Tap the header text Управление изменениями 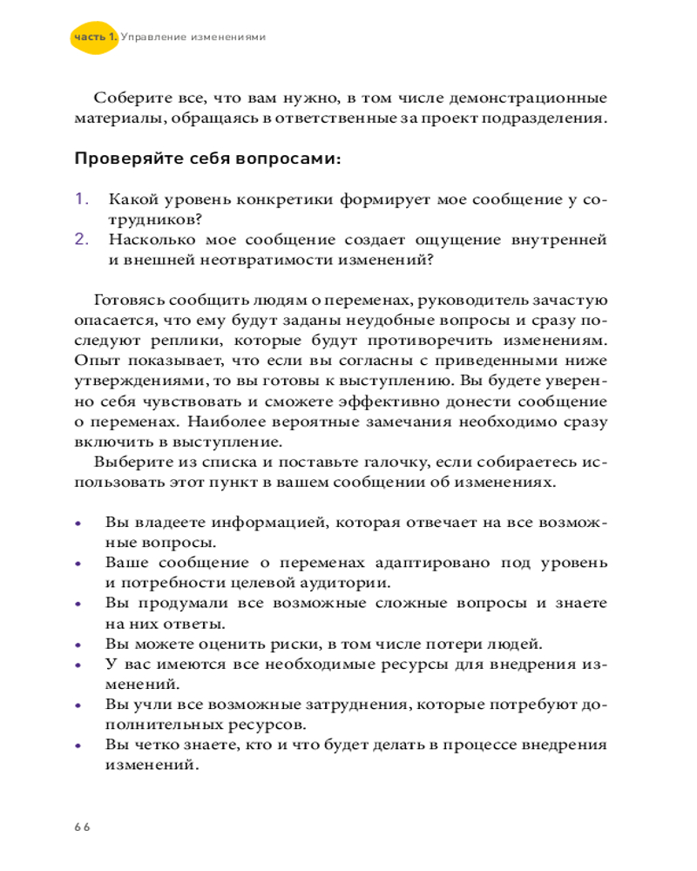(x=192, y=37)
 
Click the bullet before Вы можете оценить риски (x=78, y=645)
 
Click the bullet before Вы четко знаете (x=78, y=746)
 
